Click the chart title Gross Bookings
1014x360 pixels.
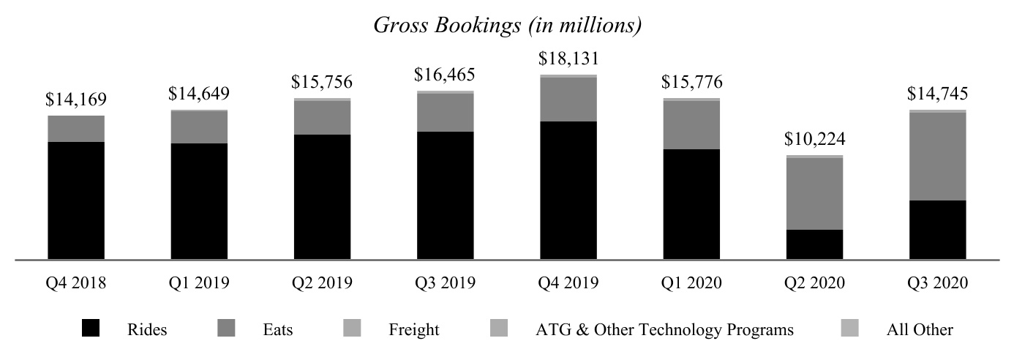[507, 25]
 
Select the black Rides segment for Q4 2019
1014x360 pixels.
[568, 190]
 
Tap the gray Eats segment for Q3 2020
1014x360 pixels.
[937, 157]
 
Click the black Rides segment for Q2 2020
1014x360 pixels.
[814, 244]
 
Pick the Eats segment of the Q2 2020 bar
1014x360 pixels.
[814, 194]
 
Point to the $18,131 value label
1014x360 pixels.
[568, 59]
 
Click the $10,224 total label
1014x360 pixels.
[814, 139]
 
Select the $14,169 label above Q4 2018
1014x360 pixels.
[76, 99]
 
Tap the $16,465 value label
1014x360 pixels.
[445, 74]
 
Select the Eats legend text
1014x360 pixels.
[277, 330]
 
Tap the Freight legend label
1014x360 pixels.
[413, 330]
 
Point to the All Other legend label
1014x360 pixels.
[919, 330]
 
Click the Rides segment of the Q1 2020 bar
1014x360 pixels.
[691, 204]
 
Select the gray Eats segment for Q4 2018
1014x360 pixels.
[76, 129]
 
